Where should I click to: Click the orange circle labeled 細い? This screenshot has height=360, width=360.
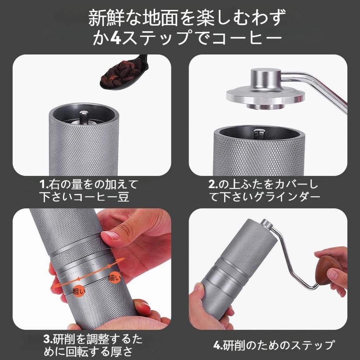pyautogui.click(x=114, y=278)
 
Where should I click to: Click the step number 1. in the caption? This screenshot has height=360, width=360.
pyautogui.click(x=44, y=184)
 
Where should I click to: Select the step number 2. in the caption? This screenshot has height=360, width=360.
pyautogui.click(x=213, y=184)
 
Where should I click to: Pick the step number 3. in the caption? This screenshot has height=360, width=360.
pyautogui.click(x=48, y=339)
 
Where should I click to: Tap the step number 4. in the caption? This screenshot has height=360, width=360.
pyautogui.click(x=218, y=345)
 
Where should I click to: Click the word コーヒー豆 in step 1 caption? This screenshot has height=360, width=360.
pyautogui.click(x=101, y=197)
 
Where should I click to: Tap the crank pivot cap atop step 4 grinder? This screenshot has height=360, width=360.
pyautogui.click(x=267, y=224)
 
